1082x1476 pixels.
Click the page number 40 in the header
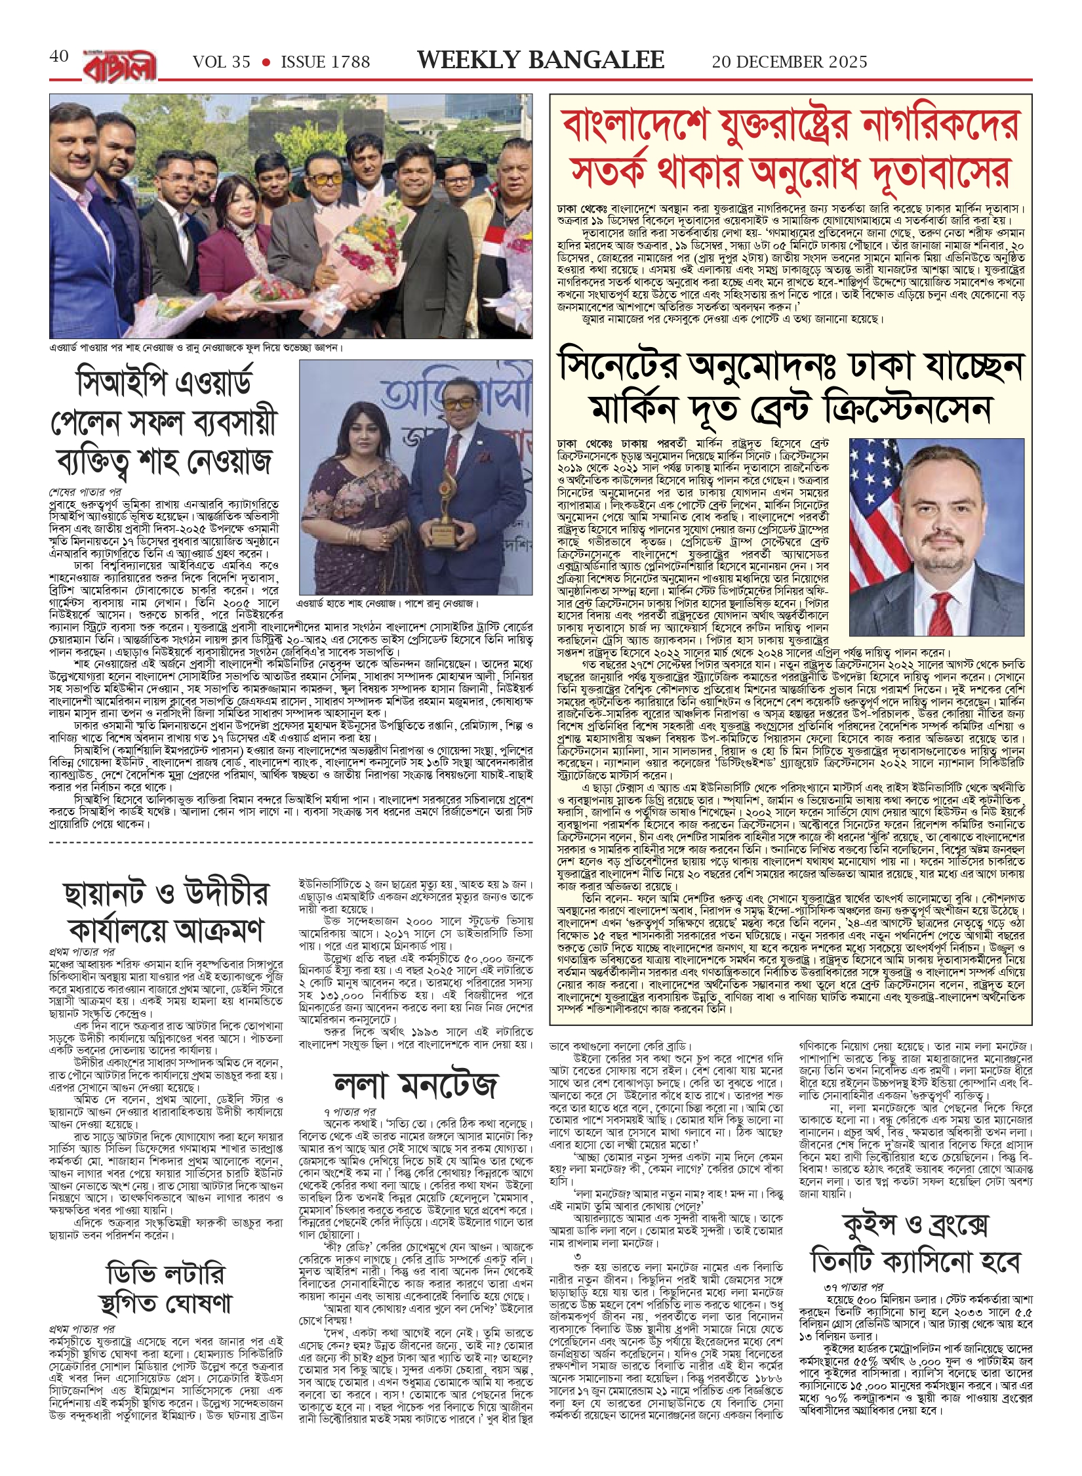[x=59, y=56]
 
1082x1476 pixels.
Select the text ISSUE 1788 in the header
[x=325, y=62]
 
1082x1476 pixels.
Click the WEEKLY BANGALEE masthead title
[x=540, y=60]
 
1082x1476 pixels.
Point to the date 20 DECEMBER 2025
[x=790, y=62]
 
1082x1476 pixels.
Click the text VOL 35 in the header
[x=222, y=62]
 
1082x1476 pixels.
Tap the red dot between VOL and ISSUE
[x=266, y=62]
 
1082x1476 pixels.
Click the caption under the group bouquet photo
[x=197, y=348]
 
